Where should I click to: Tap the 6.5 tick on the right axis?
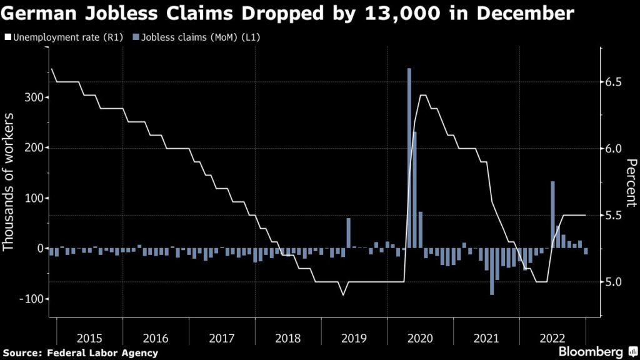coord(615,82)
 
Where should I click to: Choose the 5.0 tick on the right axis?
coord(615,282)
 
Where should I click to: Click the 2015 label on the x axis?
coord(89,338)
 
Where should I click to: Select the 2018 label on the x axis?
coord(287,338)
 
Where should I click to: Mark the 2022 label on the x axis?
coord(551,338)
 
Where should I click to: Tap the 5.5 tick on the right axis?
coord(615,215)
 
